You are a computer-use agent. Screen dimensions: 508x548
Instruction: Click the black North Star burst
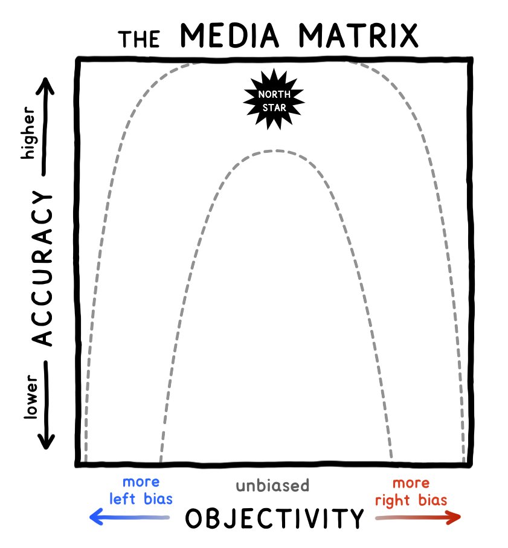click(274, 98)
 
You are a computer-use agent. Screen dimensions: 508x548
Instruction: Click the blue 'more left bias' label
click(147, 491)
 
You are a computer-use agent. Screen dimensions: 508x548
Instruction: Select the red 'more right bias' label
click(411, 492)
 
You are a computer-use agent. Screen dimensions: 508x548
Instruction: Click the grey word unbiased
click(272, 485)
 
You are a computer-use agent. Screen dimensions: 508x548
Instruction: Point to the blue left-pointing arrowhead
click(95, 517)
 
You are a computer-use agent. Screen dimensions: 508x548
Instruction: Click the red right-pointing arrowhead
click(454, 517)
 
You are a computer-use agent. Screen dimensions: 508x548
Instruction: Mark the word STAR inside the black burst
click(274, 107)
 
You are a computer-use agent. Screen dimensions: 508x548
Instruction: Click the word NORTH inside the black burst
click(274, 94)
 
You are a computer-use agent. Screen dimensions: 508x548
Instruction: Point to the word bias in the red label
click(432, 500)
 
